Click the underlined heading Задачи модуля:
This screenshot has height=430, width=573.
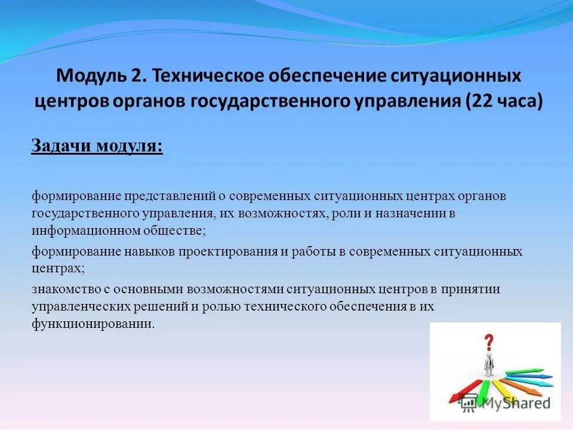[x=97, y=146]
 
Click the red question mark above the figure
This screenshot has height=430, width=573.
[x=489, y=342]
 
